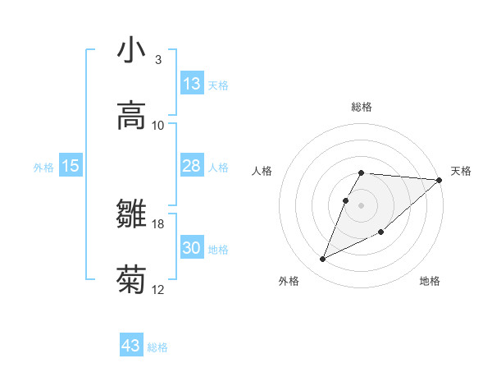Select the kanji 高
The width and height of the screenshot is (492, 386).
click(131, 116)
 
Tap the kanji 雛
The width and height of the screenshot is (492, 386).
click(131, 214)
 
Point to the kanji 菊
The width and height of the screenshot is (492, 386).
click(131, 280)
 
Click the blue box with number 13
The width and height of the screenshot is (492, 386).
click(192, 84)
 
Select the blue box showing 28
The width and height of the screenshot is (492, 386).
click(192, 166)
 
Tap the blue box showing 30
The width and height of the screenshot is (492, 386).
click(192, 248)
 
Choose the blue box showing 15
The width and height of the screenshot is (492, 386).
click(71, 166)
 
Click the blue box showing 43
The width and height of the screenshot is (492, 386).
click(131, 346)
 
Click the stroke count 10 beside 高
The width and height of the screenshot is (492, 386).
click(158, 126)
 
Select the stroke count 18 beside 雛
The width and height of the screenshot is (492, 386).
click(158, 224)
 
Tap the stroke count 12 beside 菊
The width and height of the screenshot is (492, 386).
click(158, 290)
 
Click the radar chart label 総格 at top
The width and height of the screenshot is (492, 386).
click(362, 107)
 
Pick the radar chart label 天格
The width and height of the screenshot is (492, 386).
click(461, 171)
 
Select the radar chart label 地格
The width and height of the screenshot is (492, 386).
click(430, 281)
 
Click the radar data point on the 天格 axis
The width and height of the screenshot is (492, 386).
click(440, 180)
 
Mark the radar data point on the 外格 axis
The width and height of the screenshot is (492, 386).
click(323, 260)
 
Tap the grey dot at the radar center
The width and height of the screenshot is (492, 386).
click(362, 205)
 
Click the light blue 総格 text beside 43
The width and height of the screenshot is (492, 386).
click(158, 347)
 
